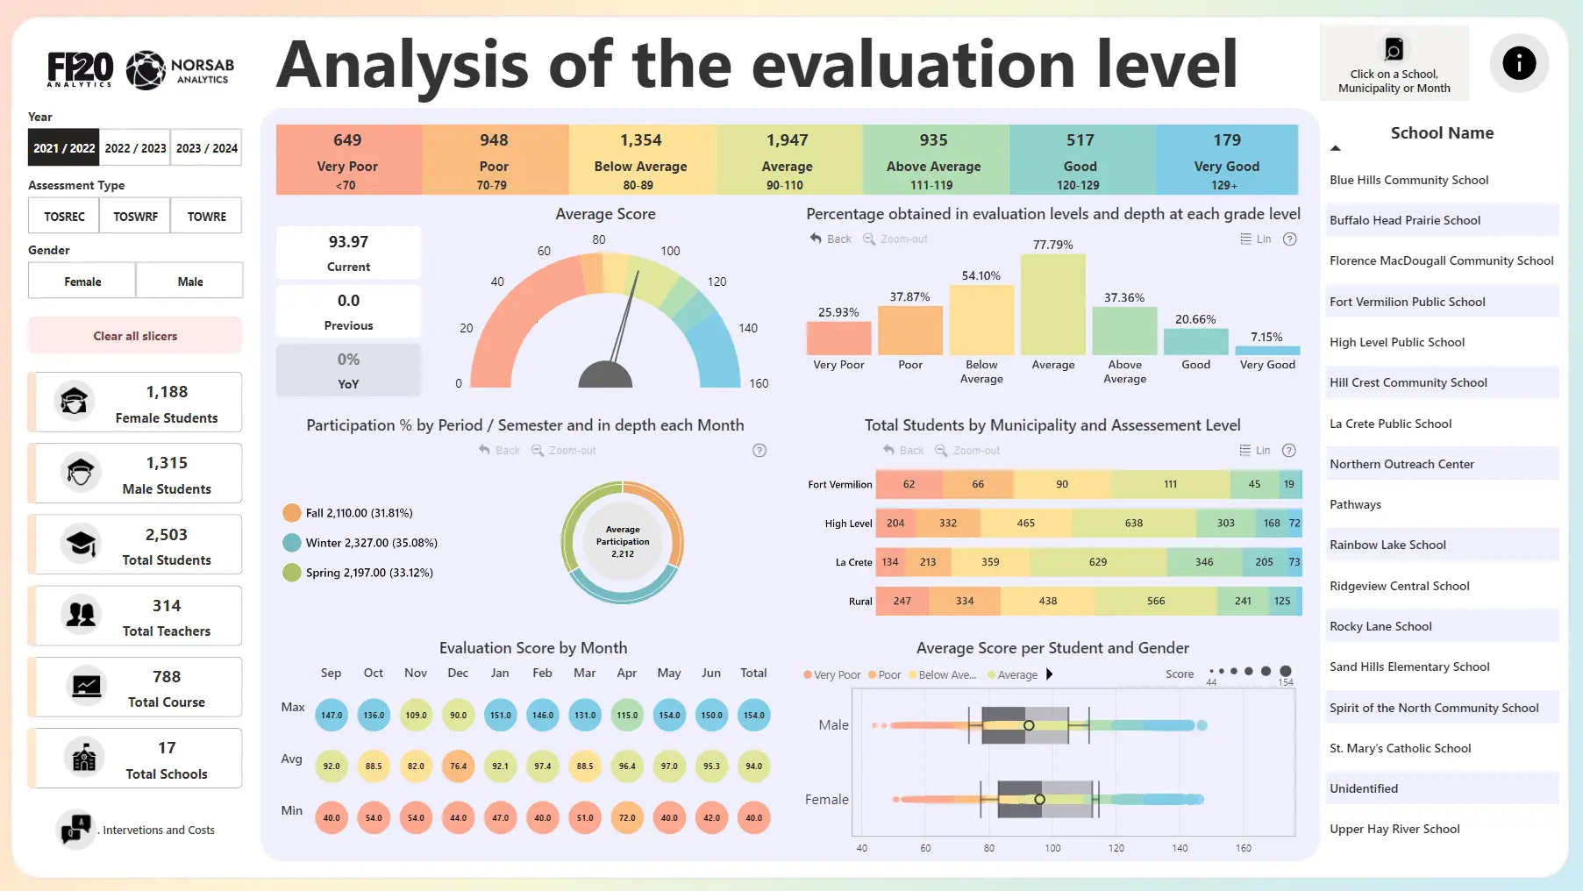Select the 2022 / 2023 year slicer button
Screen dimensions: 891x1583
tap(135, 148)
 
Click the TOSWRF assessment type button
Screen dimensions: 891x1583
tap(135, 216)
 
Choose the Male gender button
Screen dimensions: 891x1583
tap(189, 282)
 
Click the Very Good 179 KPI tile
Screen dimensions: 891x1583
tap(1226, 160)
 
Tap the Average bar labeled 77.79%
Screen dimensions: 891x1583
tap(1052, 304)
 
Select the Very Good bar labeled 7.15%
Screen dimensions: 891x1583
tap(1266, 350)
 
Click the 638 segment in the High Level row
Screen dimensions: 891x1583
tap(1133, 523)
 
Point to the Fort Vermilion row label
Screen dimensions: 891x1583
tap(839, 484)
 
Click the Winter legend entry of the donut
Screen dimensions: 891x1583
tap(370, 543)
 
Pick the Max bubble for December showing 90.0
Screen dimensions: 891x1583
tap(458, 715)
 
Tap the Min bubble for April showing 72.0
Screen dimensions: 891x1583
tap(627, 817)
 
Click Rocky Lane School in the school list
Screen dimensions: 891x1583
tap(1380, 626)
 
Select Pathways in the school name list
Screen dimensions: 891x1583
tap(1355, 504)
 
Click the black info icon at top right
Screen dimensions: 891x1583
tap(1518, 63)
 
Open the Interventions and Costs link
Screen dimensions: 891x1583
tap(158, 830)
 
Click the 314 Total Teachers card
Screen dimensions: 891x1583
tap(136, 617)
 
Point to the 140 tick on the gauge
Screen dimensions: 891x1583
tap(747, 328)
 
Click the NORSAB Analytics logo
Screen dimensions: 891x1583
tap(180, 71)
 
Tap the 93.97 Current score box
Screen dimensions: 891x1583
tap(348, 253)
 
